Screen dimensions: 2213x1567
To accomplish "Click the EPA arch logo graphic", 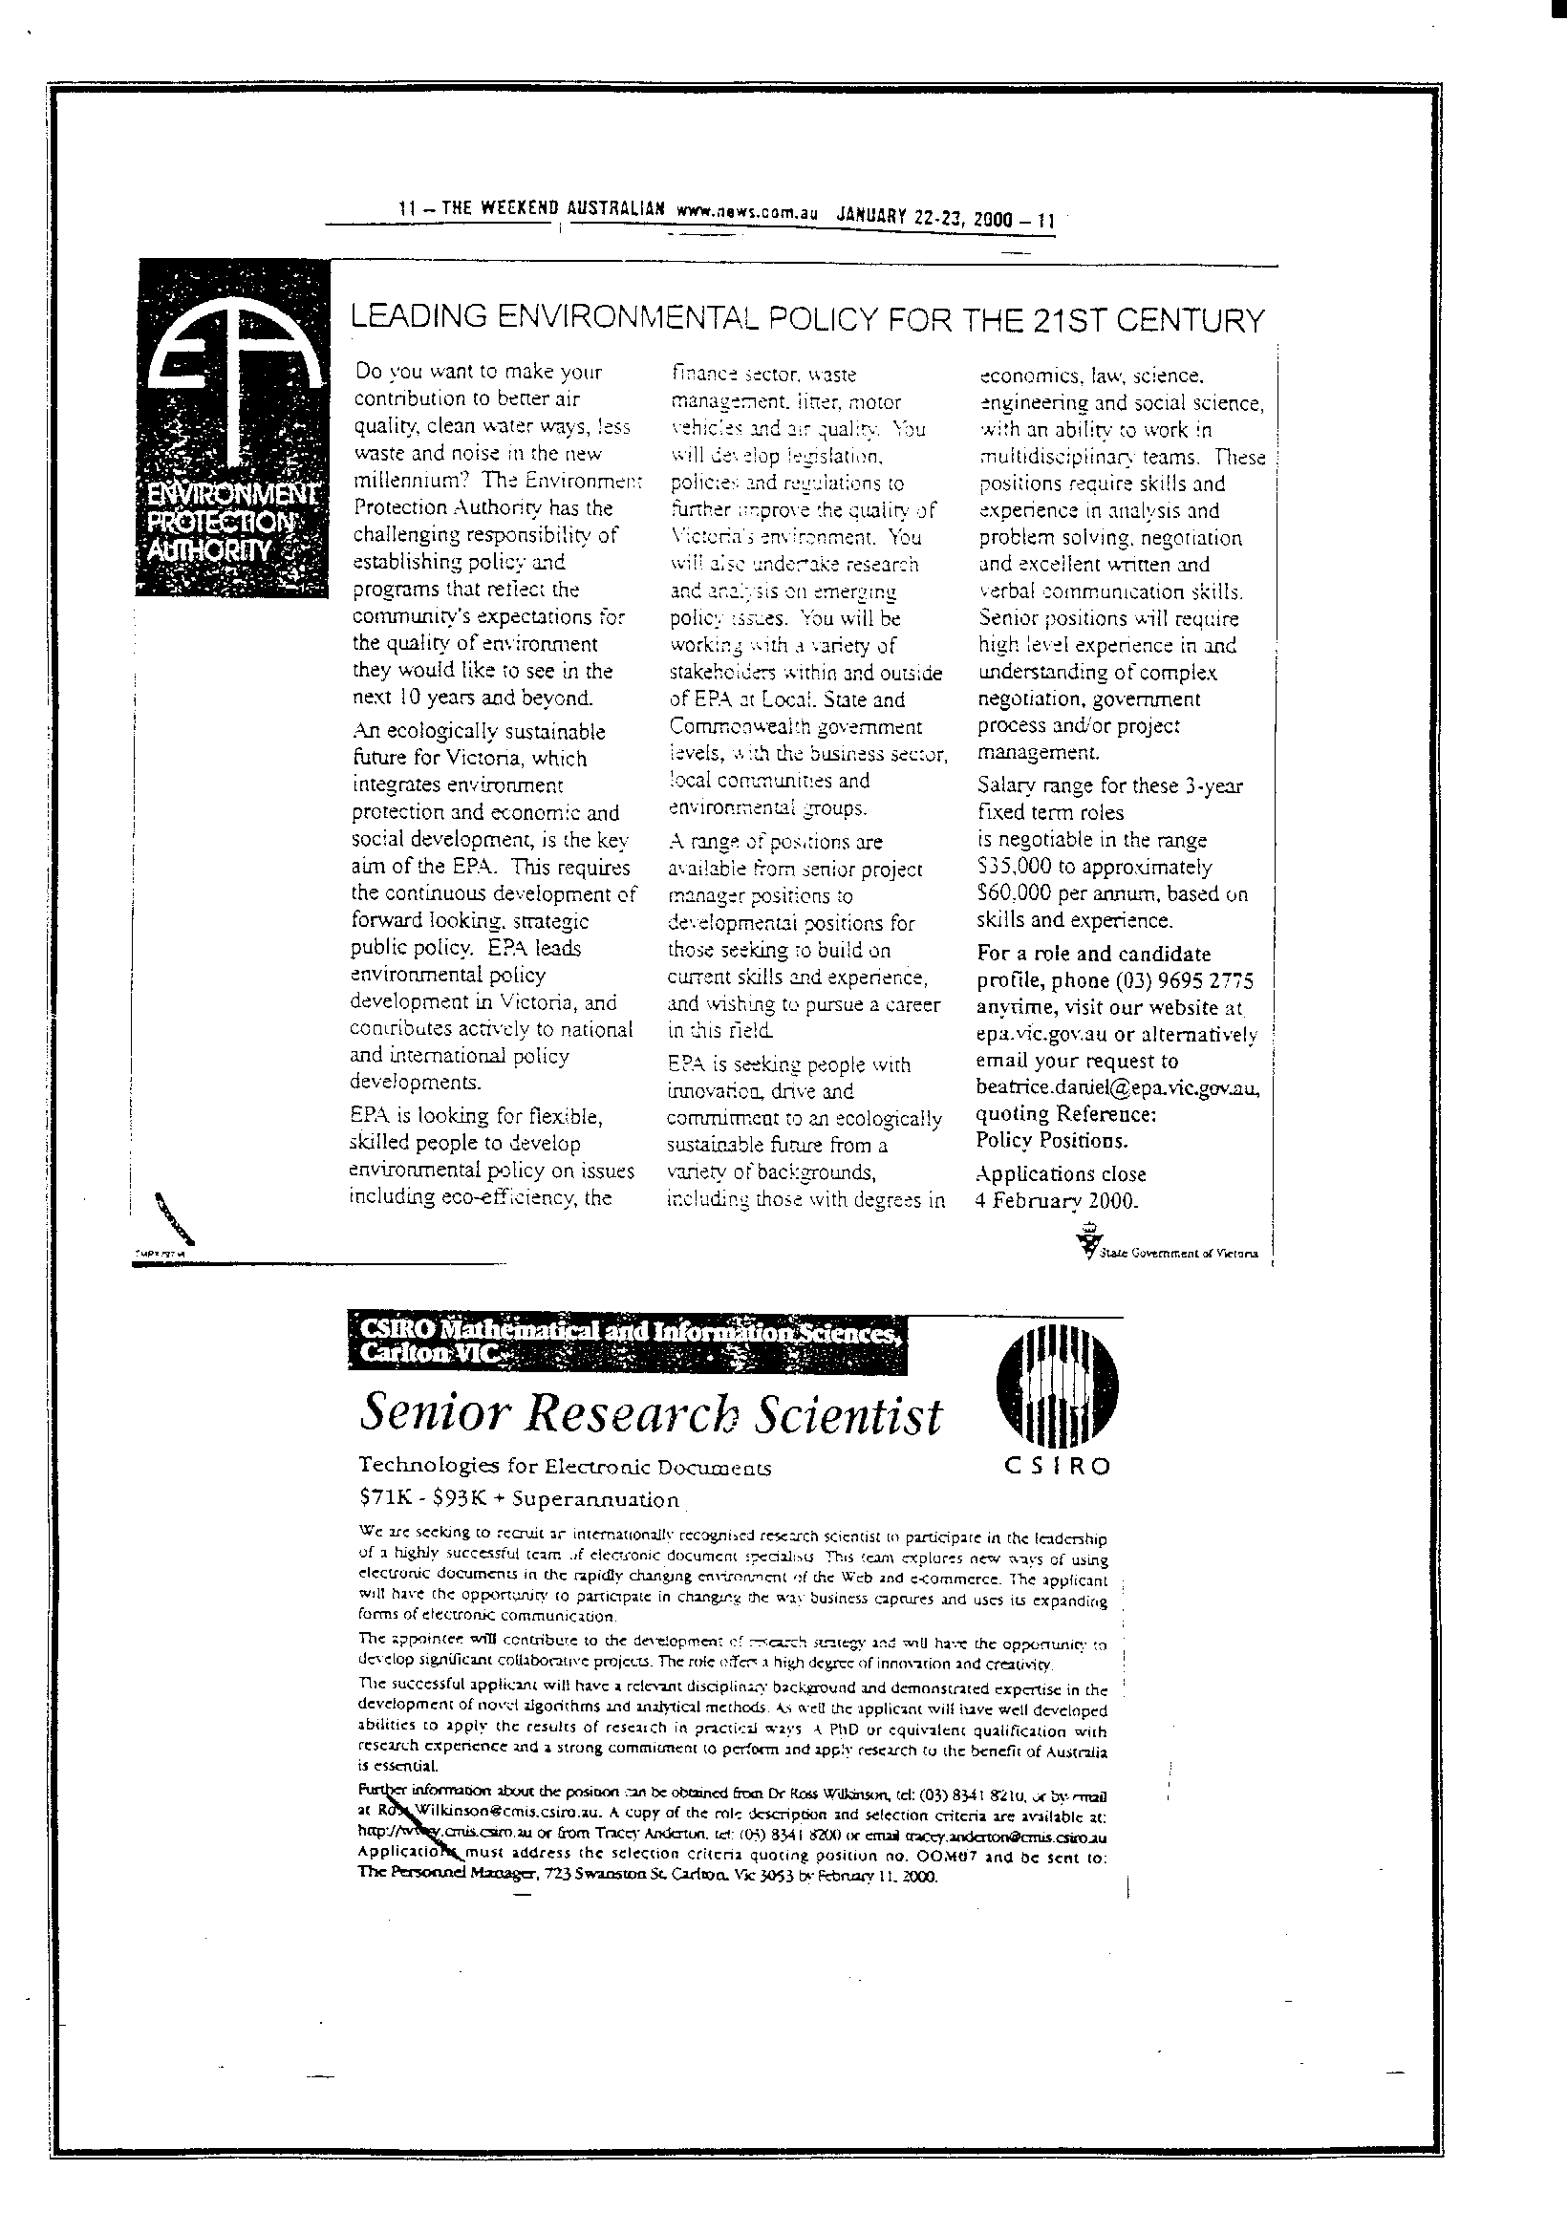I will [x=229, y=376].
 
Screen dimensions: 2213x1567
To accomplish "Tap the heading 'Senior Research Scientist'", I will [x=650, y=1415].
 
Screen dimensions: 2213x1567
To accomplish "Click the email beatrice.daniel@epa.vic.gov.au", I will [x=1117, y=1088].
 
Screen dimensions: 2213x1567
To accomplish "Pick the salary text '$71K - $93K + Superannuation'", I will [x=519, y=1499].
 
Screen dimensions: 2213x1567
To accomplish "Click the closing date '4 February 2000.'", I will [x=1058, y=1201].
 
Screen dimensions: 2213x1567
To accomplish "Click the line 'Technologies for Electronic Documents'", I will [x=565, y=1468].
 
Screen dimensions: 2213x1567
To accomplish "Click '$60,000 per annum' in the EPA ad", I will [x=1069, y=894].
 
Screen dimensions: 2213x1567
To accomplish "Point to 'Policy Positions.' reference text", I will [x=1051, y=1140].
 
